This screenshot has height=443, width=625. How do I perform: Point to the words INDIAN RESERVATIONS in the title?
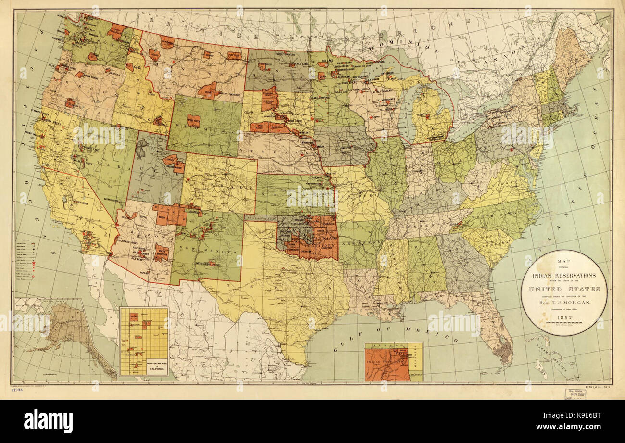pyautogui.click(x=564, y=276)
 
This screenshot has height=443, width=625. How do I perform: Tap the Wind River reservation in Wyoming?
pyautogui.click(x=194, y=120)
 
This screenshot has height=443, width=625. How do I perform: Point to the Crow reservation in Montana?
pyautogui.click(x=208, y=90)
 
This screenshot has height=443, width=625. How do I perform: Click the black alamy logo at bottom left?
pyautogui.click(x=48, y=421)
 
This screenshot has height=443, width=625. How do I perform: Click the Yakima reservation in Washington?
pyautogui.click(x=93, y=56)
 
